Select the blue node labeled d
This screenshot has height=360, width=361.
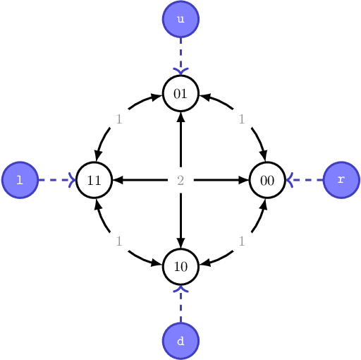point(180,341)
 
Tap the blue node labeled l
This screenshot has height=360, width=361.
point(20,180)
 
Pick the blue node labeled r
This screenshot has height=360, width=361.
point(341,180)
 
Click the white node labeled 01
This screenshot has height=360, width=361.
point(180,92)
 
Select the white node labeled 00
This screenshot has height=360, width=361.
point(267,180)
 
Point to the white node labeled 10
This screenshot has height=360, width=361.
point(180,267)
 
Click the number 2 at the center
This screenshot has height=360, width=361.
point(180,181)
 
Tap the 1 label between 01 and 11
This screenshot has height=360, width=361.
point(119,119)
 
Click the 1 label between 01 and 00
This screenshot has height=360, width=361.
point(242,119)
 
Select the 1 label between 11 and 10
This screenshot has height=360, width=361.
point(119,241)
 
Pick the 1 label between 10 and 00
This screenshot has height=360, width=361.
point(242,241)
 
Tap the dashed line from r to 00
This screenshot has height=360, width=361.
point(306,180)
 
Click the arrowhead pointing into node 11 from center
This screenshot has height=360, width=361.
point(118,180)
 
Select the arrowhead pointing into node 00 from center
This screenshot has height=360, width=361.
point(243,180)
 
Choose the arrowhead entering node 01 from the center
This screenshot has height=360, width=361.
point(180,117)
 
